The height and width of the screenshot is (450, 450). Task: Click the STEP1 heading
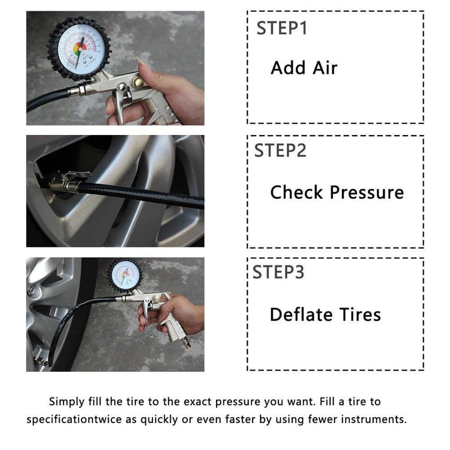click(282, 28)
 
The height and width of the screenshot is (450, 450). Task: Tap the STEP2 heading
click(280, 150)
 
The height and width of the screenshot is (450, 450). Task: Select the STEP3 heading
click(278, 272)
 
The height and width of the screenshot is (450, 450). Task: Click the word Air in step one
click(325, 68)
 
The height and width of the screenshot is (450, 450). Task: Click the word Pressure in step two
click(367, 192)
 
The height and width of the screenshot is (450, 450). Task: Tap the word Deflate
click(300, 314)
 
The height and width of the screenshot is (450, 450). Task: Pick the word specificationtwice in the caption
click(74, 419)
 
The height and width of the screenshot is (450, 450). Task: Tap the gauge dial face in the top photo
click(80, 48)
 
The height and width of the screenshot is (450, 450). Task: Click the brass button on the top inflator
click(138, 82)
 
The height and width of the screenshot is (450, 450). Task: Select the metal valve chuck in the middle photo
click(64, 182)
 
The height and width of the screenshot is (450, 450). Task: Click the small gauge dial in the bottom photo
click(125, 274)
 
